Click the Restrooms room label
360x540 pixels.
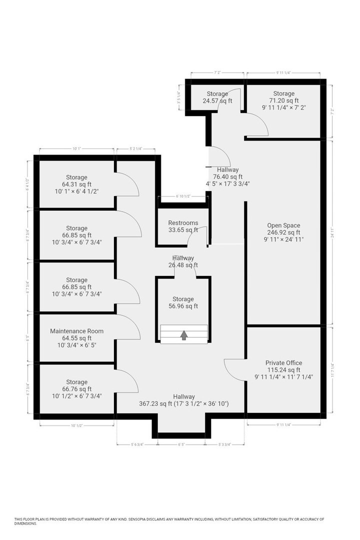tap(183, 223)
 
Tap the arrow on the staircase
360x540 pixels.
tap(183, 335)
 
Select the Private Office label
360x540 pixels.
tap(283, 363)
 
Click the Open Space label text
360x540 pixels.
tap(283, 225)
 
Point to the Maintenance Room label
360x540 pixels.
tap(76, 331)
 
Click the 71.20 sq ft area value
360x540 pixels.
tap(283, 100)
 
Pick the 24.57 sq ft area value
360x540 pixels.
tap(217, 100)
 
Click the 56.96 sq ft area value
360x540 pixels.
tap(183, 306)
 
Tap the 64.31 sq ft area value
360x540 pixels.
tap(76, 184)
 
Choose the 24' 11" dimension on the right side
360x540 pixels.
tap(332, 232)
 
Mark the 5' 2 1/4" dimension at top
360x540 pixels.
tap(136, 148)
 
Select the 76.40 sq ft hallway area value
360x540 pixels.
tap(227, 176)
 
